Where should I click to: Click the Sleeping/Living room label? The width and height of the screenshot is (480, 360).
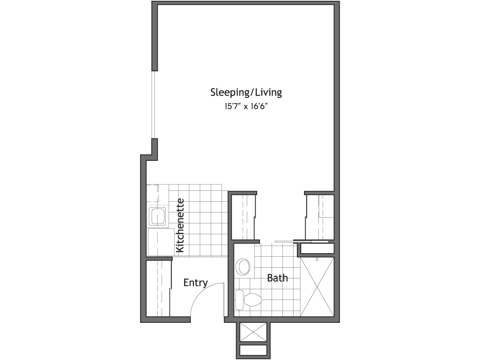point(246,92)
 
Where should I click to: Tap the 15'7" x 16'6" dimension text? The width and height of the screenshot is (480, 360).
point(246,106)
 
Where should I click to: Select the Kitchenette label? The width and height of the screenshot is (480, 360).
point(180,225)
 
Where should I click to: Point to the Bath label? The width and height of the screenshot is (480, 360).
point(277,278)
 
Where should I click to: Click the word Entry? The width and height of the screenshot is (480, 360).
point(196,283)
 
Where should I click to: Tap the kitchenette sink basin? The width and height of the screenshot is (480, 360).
point(157,216)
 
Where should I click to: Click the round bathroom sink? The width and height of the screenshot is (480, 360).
point(243,267)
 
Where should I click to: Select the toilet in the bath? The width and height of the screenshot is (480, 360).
point(249,300)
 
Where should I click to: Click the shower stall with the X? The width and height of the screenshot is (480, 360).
point(317,287)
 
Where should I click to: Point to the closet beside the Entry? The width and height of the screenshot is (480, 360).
point(158,288)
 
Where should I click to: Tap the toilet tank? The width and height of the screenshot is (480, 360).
point(239,300)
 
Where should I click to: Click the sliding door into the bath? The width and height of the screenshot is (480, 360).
point(302,242)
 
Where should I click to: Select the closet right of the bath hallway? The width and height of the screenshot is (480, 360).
point(320,217)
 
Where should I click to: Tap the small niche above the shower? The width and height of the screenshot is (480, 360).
point(317,248)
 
